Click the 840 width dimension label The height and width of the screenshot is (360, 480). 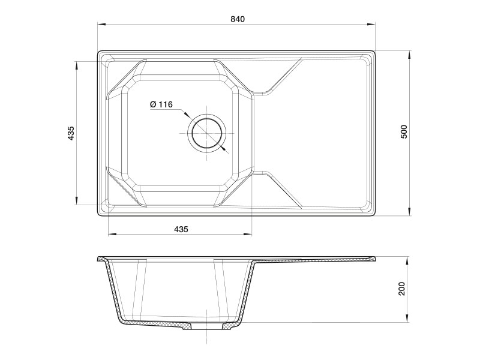tap(238, 19)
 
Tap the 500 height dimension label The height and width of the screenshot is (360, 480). tap(404, 132)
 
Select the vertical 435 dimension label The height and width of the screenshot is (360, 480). tap(70, 133)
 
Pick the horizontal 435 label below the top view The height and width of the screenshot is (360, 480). tap(181, 229)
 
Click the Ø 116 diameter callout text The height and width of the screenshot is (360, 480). tap(161, 104)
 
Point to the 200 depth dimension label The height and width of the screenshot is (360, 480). tap(403, 289)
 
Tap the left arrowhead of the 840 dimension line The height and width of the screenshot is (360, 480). tap(101, 25)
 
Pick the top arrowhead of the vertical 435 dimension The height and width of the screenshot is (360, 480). tap(76, 64)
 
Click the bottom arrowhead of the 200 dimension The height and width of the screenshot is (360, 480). tap(410, 319)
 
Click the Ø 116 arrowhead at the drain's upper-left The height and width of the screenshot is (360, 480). tap(188, 115)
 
